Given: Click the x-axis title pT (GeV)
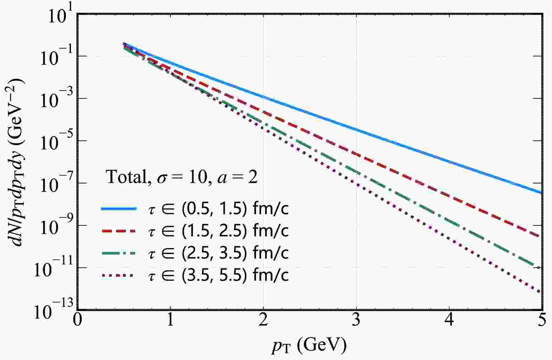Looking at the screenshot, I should tap(309, 345).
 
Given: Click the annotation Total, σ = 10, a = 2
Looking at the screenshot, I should tap(181, 177).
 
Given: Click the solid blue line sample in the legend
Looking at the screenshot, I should tap(119, 209).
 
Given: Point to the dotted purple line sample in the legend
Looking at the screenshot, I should tap(119, 276).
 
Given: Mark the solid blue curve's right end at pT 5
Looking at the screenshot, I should tap(541, 192).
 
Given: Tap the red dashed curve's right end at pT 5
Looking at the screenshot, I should tap(541, 236).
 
